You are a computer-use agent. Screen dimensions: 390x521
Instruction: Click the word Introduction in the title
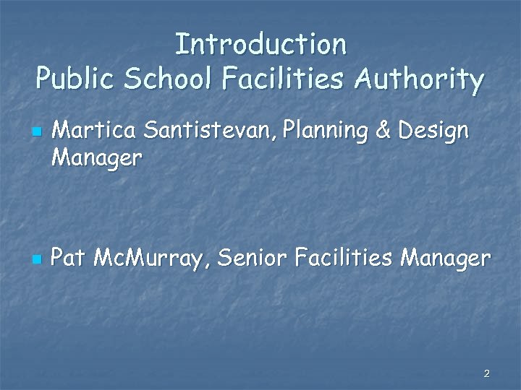260,44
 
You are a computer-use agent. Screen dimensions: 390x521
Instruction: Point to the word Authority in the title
419,80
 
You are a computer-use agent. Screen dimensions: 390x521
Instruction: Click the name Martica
95,131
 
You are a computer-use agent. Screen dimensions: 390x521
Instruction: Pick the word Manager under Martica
97,157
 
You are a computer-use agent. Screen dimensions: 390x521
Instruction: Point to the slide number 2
486,373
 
